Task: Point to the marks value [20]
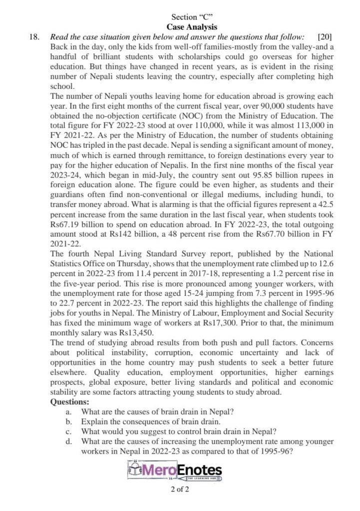[x=325, y=36]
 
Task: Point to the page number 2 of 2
[x=180, y=489]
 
